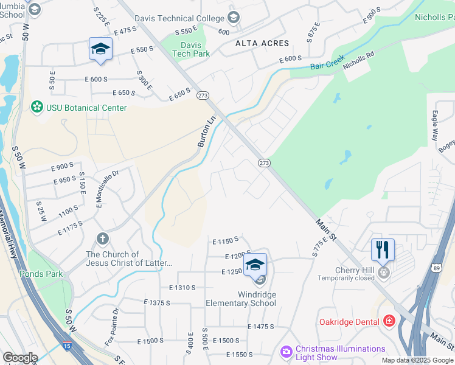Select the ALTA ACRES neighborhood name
[263, 43]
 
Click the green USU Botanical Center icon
[36, 108]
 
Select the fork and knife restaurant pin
[383, 249]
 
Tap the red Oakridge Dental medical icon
[389, 321]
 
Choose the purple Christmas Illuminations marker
[286, 352]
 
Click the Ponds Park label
[41, 274]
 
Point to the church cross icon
[103, 240]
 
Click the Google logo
[20, 358]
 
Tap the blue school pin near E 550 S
[100, 49]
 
